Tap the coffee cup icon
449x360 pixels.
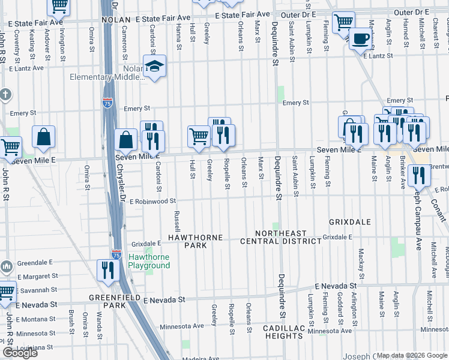[360, 38]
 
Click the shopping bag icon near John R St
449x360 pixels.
[44, 136]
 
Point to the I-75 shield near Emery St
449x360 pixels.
[107, 103]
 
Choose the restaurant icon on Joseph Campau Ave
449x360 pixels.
[418, 175]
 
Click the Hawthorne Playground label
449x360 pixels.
[149, 262]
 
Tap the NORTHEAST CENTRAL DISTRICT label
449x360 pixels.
[280, 237]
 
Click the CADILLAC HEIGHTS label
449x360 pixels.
[283, 332]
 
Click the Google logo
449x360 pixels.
[20, 353]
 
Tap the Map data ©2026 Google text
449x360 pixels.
[411, 355]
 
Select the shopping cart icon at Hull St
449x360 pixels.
[198, 136]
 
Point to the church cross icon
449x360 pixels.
[5, 95]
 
